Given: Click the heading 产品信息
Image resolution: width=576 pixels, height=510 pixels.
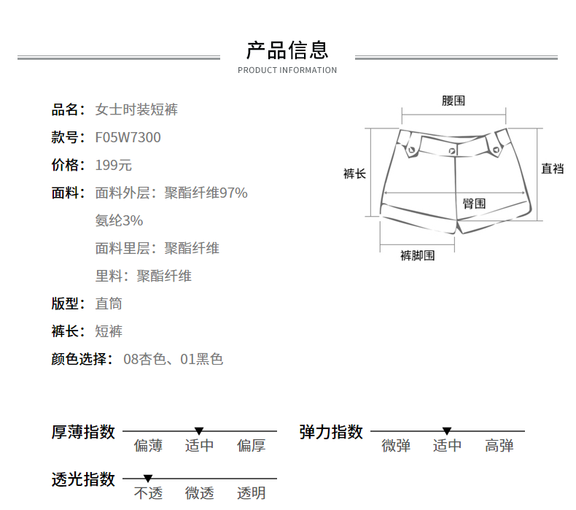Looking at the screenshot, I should tap(287, 50).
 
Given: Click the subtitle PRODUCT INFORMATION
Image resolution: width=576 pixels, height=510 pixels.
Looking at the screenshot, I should tap(287, 71).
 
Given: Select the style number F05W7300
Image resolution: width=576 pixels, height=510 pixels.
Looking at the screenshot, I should tap(128, 138).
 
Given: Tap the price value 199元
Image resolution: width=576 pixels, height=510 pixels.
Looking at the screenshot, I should tap(114, 166).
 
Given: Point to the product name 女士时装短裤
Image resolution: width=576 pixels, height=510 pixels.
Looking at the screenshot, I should tap(136, 110).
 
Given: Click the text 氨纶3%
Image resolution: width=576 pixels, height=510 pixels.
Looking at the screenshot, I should tap(119, 220).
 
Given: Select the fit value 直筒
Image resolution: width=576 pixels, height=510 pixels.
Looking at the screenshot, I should tap(109, 304).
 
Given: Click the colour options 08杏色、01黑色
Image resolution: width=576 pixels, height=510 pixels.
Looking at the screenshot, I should tap(174, 359).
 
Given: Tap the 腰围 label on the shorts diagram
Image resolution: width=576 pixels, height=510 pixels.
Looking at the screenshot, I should tap(454, 101).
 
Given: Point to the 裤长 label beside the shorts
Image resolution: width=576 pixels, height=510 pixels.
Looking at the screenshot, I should tap(354, 174).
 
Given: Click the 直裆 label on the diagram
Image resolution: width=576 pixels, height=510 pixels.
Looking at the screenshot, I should tap(553, 169).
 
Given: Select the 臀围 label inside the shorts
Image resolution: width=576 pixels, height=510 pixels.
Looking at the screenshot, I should tap(475, 204).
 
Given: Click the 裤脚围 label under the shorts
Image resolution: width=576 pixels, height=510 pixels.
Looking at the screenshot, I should tap(418, 255).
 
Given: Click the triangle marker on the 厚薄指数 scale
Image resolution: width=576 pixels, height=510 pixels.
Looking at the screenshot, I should tap(199, 431).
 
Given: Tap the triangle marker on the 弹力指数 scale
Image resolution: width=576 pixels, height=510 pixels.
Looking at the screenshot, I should tap(447, 431).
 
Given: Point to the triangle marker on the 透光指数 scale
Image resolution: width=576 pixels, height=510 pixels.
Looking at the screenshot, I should tap(148, 479).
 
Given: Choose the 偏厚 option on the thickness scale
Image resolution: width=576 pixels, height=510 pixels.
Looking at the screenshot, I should tap(251, 446).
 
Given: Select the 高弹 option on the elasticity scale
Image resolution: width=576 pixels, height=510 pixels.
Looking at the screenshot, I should tap(499, 446).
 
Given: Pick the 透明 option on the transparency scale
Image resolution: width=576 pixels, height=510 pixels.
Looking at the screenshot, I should tap(251, 493).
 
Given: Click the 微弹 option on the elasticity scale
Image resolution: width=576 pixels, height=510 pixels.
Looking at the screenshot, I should tap(396, 446).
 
